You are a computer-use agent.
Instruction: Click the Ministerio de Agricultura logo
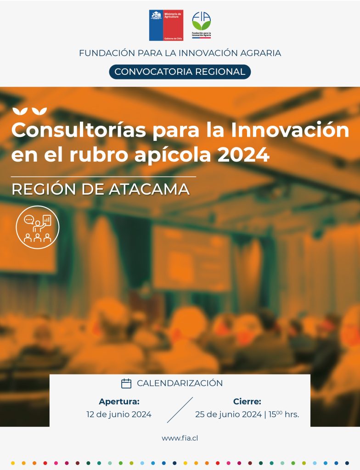point(166,25)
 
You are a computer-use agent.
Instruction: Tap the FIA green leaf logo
point(201,25)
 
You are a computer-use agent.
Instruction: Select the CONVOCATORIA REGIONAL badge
point(180,72)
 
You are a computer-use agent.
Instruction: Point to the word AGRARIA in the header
point(260,53)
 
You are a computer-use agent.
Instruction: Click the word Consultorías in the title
point(79,130)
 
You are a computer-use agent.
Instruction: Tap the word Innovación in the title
point(290,130)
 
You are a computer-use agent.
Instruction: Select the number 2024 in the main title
point(243,155)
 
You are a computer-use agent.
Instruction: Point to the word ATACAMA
point(149,190)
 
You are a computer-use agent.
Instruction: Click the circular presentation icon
point(38,227)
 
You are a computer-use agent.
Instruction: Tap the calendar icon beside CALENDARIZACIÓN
point(126,383)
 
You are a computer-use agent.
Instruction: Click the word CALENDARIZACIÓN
point(180,383)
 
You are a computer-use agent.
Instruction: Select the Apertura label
point(119,401)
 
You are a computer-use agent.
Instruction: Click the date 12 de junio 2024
point(119,414)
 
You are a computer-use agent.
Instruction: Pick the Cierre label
point(247,401)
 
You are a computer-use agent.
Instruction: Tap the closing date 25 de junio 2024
point(228,414)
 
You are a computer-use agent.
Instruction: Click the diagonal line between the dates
point(180,410)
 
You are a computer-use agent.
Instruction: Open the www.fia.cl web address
point(180,438)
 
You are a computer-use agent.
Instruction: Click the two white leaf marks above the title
point(29,111)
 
